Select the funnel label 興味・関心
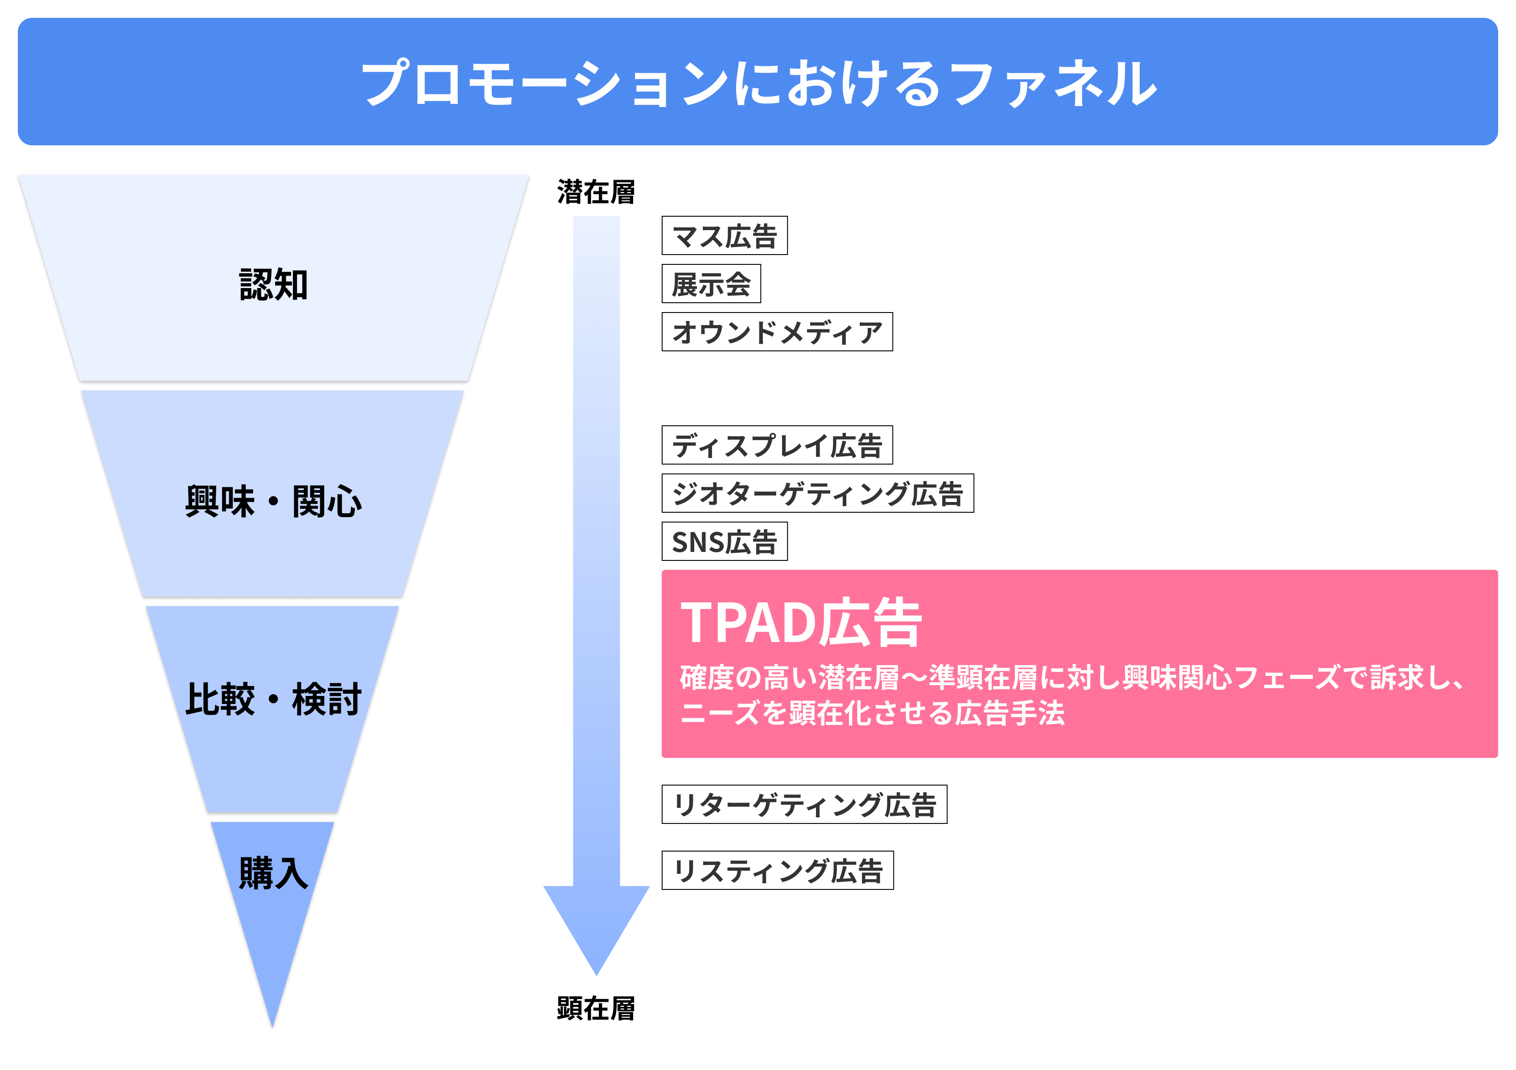[x=273, y=502]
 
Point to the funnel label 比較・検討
[x=273, y=700]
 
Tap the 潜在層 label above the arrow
[x=596, y=192]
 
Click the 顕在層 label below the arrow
[x=596, y=1008]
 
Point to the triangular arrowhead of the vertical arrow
[x=596, y=924]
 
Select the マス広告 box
[x=724, y=236]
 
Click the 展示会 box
[x=711, y=284]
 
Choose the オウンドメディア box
[x=777, y=332]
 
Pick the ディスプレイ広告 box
[x=777, y=445]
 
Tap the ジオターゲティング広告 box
[x=817, y=493]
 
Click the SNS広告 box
[x=724, y=542]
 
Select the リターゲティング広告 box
[x=804, y=805]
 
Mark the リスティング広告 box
[x=777, y=871]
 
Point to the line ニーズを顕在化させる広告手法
[x=872, y=713]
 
